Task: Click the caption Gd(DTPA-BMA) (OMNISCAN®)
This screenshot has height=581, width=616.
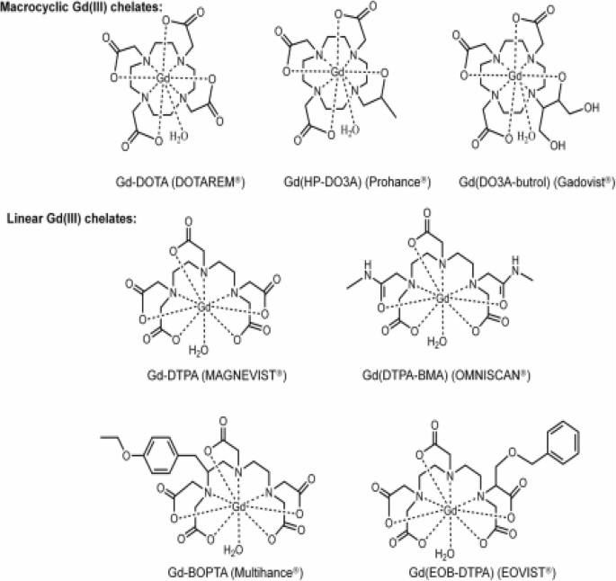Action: click(x=439, y=373)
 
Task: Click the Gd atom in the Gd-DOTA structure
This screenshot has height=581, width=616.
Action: click(x=164, y=80)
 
